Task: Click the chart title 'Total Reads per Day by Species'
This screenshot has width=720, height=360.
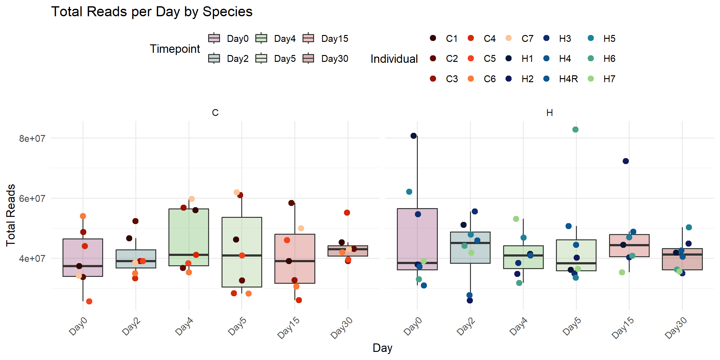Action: tap(152, 12)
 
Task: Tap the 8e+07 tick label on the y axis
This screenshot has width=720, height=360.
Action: tap(32, 138)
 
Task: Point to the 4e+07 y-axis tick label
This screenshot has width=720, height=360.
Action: tap(32, 259)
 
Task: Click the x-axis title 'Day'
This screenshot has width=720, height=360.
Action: tap(382, 348)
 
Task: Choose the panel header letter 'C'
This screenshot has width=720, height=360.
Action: tap(215, 113)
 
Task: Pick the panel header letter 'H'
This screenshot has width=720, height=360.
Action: tap(549, 113)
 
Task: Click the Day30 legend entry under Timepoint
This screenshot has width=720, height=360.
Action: tap(334, 59)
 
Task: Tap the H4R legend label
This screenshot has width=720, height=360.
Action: tap(568, 79)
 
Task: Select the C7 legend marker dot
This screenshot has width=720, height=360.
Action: tap(508, 38)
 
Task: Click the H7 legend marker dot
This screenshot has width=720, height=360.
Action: tap(591, 79)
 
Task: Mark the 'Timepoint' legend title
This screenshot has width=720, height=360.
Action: tap(175, 49)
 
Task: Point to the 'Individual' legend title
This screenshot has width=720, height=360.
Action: tap(394, 59)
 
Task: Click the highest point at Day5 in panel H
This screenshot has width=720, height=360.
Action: tap(575, 130)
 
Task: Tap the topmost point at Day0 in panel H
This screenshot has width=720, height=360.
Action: tap(413, 136)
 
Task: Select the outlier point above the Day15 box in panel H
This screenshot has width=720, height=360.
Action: tap(626, 161)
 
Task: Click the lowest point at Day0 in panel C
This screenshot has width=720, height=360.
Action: tap(89, 301)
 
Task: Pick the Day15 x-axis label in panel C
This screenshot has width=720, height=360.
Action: tap(289, 327)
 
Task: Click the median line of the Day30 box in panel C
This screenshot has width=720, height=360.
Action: tap(348, 249)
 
